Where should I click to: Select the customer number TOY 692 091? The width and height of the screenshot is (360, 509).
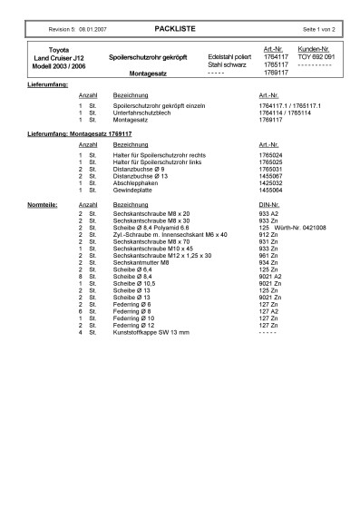click(x=317, y=56)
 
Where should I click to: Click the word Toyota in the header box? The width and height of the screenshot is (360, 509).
click(x=58, y=49)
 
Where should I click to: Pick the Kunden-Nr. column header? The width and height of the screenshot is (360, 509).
click(x=316, y=49)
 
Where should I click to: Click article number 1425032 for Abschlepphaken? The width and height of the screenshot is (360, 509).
click(x=272, y=183)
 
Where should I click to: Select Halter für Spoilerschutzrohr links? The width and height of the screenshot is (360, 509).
click(x=156, y=162)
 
